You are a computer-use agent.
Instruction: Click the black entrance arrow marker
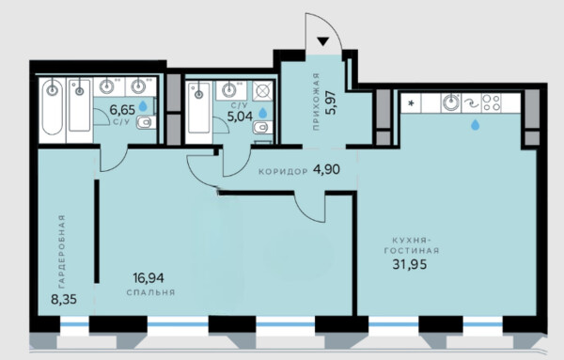323,41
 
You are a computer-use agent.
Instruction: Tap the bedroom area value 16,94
149,277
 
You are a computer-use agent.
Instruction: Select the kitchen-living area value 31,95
410,265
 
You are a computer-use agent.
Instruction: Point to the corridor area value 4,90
326,169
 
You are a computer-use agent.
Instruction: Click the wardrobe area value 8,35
64,299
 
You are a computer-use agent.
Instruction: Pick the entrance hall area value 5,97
330,102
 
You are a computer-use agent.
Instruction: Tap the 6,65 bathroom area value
122,109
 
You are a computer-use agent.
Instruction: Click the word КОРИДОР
283,172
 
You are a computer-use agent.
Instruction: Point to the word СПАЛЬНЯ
150,292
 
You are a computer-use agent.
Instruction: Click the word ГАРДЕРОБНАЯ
62,251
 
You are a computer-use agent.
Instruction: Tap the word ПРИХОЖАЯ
316,102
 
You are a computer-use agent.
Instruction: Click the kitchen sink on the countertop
451,102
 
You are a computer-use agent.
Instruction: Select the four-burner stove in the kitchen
491,102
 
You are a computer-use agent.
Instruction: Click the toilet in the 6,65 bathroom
146,122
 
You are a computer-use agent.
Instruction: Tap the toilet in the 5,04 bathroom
262,127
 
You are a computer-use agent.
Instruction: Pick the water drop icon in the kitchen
476,125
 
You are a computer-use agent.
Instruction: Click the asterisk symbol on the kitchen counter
411,103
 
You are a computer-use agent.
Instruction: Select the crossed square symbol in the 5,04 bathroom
262,91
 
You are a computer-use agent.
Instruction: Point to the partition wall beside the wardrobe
97,231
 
